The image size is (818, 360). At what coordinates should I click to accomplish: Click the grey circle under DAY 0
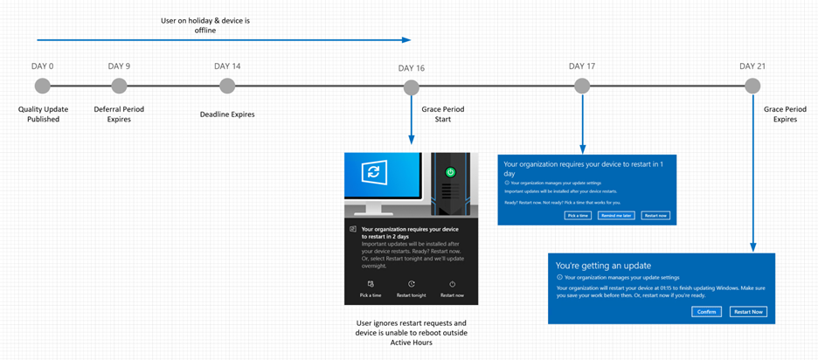click(x=43, y=86)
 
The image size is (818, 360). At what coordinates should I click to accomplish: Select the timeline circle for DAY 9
click(x=119, y=86)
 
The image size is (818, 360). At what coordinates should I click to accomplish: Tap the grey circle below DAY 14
click(x=227, y=86)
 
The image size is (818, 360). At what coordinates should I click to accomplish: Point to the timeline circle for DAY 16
click(x=411, y=87)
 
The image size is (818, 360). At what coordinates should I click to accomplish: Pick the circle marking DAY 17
click(x=582, y=86)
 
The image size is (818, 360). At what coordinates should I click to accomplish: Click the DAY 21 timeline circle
click(x=752, y=86)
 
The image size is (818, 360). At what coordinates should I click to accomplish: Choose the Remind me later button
click(x=616, y=215)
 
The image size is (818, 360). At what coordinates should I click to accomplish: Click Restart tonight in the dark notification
click(x=411, y=289)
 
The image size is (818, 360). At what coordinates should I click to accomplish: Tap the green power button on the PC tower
click(x=450, y=173)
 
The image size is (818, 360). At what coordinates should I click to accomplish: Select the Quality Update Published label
click(x=43, y=114)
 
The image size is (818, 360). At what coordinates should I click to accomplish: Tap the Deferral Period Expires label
click(x=119, y=114)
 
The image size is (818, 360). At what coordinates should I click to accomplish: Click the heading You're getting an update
click(x=603, y=265)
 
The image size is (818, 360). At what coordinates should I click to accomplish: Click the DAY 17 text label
click(x=582, y=66)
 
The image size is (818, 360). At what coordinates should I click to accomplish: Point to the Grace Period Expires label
click(x=785, y=114)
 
